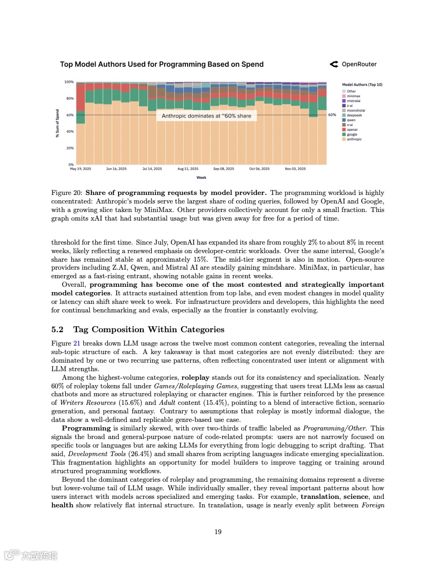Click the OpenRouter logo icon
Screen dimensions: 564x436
tap(334, 64)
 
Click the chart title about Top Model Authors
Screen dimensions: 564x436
tap(161, 64)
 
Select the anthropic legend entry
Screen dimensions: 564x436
tap(354, 139)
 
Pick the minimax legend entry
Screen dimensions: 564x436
tap(354, 96)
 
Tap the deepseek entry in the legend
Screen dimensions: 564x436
tap(355, 115)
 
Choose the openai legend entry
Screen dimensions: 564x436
tap(353, 130)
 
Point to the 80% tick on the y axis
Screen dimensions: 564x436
tap(69, 98)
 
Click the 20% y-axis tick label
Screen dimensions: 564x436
tap(69, 148)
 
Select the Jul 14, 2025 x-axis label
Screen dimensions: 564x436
tap(152, 169)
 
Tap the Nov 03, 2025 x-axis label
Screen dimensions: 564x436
tap(295, 169)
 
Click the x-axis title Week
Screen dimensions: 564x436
tap(201, 177)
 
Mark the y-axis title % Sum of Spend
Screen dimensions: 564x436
tap(58, 123)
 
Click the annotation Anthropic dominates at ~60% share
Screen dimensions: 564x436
tap(206, 115)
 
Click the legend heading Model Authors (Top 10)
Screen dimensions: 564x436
tap(362, 84)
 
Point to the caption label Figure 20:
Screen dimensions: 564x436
tap(67, 193)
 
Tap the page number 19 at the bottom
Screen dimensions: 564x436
tap(218, 531)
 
